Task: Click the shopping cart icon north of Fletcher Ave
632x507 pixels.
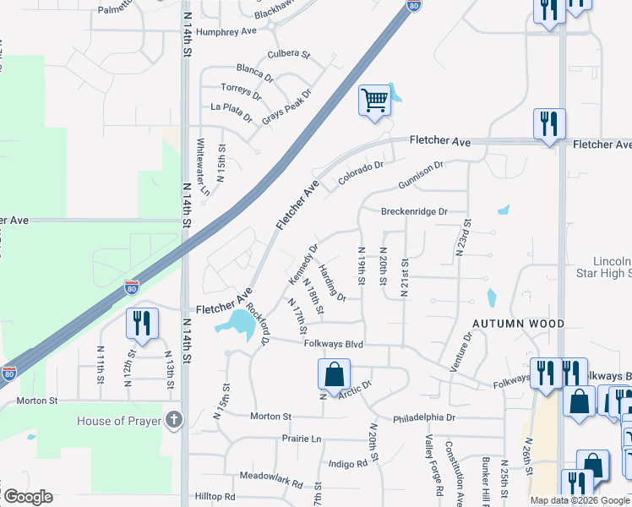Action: tap(374, 101)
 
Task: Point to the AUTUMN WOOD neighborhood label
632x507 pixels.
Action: tap(518, 324)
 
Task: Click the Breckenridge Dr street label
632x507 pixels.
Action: tap(413, 212)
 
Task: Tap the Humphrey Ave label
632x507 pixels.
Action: tap(226, 31)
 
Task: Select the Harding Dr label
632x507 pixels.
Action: tap(331, 282)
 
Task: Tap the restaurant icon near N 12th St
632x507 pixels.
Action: tap(141, 323)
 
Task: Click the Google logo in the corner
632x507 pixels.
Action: tap(28, 497)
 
